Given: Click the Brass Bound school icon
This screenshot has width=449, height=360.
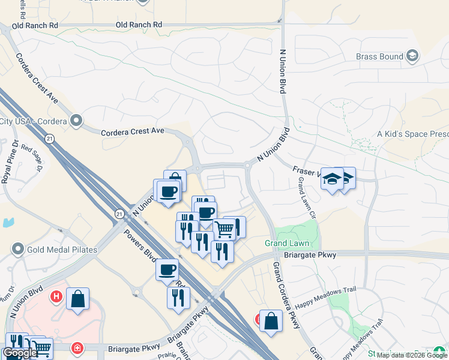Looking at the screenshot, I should (412, 57).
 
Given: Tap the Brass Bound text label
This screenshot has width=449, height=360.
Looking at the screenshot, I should (379, 57).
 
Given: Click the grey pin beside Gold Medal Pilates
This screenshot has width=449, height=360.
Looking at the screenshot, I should (18, 248).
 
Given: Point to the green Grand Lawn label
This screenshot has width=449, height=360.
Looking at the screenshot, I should (287, 243).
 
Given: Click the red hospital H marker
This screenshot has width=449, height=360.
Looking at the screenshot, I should (56, 296).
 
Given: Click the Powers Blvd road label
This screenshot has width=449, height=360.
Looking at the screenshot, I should (139, 246).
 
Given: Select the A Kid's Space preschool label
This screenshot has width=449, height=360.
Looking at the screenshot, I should (412, 134).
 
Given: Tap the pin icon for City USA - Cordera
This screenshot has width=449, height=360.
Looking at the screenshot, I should (76, 121).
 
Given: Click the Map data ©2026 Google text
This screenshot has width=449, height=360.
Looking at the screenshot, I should (412, 355).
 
